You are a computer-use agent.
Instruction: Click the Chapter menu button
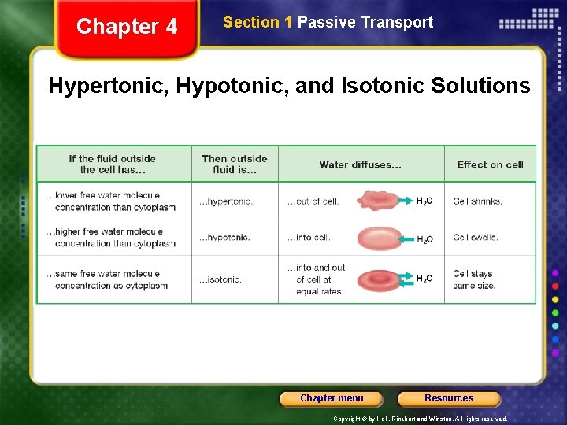pyautogui.click(x=332, y=398)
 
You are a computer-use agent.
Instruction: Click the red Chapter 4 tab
pyautogui.click(x=127, y=28)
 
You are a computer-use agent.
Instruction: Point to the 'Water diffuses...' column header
pyautogui.click(x=360, y=164)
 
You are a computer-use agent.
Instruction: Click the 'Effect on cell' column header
pyautogui.click(x=490, y=164)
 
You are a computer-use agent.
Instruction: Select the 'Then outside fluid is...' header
pyautogui.click(x=235, y=164)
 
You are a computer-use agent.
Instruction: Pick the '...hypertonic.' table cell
pyautogui.click(x=226, y=201)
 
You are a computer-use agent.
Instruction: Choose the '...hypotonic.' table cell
pyautogui.click(x=224, y=238)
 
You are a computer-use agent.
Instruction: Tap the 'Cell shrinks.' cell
pyautogui.click(x=477, y=201)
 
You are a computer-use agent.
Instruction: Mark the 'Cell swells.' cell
pyautogui.click(x=476, y=238)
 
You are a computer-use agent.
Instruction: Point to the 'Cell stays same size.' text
pyautogui.click(x=474, y=279)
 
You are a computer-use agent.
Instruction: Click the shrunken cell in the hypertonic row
pyautogui.click(x=379, y=201)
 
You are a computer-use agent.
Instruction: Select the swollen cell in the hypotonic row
pyautogui.click(x=380, y=238)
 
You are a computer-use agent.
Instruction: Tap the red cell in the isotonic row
pyautogui.click(x=380, y=279)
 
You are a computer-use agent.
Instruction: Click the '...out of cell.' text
pyautogui.click(x=313, y=201)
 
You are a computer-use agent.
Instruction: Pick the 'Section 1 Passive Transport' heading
pyautogui.click(x=328, y=22)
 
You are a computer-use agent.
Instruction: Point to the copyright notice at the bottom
pyautogui.click(x=421, y=419)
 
